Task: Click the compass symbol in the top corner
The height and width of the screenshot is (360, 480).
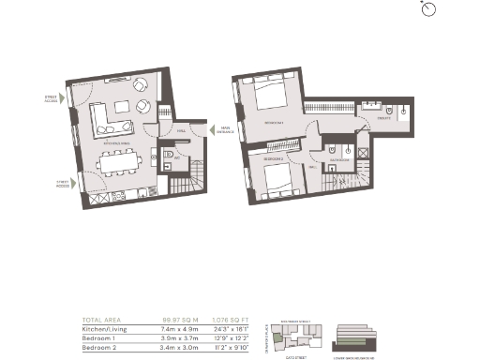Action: tap(428, 8)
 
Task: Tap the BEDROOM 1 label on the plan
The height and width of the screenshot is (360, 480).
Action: tap(274, 122)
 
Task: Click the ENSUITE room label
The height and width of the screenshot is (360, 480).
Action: tap(383, 120)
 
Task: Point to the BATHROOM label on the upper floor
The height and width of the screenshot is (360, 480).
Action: tap(338, 159)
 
